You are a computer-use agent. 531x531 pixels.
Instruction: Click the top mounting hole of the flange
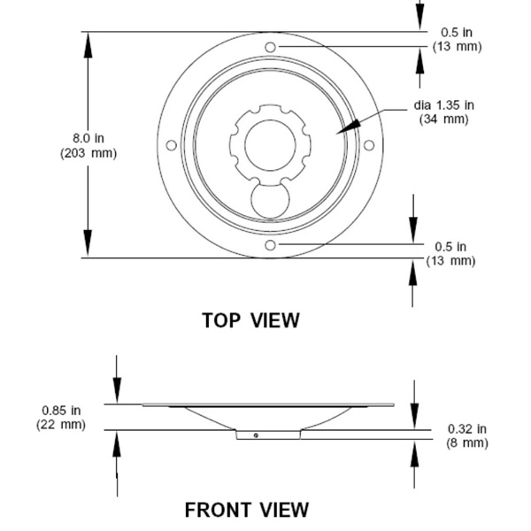point(270,47)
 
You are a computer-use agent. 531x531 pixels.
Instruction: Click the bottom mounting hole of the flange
point(270,245)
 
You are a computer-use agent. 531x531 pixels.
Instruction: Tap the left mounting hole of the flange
point(172,145)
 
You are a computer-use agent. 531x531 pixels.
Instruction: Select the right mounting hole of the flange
point(369,145)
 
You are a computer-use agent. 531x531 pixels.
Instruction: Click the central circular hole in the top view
point(270,145)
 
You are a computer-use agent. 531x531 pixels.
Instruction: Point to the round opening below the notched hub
point(270,201)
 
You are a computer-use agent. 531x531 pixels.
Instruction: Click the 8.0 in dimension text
point(88,138)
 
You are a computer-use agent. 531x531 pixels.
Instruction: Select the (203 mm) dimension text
point(88,153)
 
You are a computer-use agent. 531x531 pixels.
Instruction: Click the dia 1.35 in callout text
point(443,105)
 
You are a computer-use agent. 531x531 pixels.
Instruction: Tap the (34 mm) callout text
point(443,119)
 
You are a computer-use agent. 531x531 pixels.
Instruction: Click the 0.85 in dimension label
point(61,411)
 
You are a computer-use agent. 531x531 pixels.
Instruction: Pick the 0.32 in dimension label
point(467,428)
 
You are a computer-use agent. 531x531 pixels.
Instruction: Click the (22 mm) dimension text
point(61,424)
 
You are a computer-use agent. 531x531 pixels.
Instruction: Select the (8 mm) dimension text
point(467,443)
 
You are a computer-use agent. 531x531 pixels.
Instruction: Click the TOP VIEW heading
point(250,320)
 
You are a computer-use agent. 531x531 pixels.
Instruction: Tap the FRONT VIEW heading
point(247,510)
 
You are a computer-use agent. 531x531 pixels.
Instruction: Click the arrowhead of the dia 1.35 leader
point(336,134)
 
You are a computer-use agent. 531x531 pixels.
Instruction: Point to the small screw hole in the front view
point(256,435)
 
